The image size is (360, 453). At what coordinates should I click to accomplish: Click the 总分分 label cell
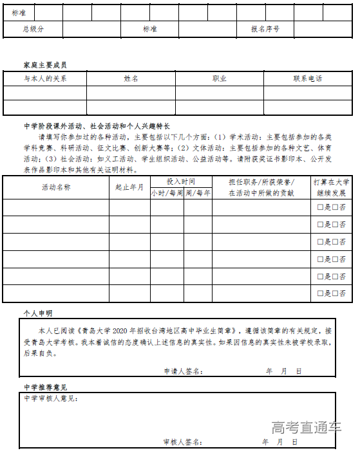[x=33, y=29]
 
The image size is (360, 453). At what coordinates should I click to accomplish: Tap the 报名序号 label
[x=265, y=29]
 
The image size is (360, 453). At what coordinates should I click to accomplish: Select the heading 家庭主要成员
[x=44, y=65]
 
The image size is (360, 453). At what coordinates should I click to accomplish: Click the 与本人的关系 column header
[x=45, y=79]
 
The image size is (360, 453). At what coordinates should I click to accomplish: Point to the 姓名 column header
[x=131, y=79]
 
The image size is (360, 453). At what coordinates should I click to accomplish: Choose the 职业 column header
[x=220, y=79]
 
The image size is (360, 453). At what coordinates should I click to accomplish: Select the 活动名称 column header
[x=56, y=187]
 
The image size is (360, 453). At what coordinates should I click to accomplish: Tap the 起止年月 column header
[x=129, y=187]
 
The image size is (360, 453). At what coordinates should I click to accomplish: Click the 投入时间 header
[x=180, y=181]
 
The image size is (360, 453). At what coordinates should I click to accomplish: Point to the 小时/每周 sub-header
[x=167, y=192]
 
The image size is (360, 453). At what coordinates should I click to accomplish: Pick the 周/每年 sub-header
[x=198, y=192]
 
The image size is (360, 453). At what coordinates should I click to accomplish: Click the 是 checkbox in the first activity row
[x=320, y=208]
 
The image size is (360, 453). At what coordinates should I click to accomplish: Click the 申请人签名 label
[x=184, y=371]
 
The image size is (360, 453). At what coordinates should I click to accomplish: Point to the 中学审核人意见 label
[x=51, y=399]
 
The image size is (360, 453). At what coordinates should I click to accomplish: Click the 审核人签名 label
[x=183, y=442]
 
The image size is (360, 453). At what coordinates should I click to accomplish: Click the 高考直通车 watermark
[x=306, y=427]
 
